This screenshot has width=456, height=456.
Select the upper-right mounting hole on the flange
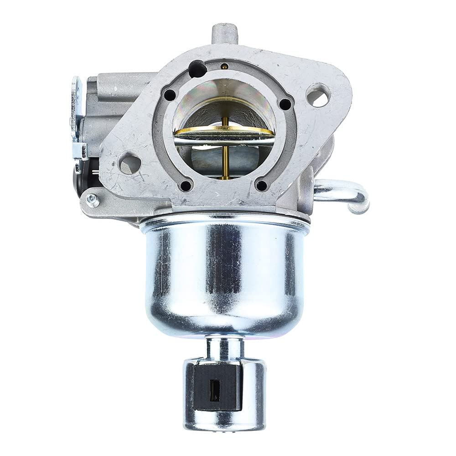click(x=318, y=97)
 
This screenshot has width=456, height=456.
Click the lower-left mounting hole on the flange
click(x=130, y=161)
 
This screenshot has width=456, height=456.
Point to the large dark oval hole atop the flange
click(x=199, y=68)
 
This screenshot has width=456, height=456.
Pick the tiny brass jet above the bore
click(x=223, y=67)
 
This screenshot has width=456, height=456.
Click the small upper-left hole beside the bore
click(x=170, y=95)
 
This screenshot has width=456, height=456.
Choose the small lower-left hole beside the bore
click(x=186, y=186)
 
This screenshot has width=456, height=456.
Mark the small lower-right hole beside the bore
click(x=261, y=185)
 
